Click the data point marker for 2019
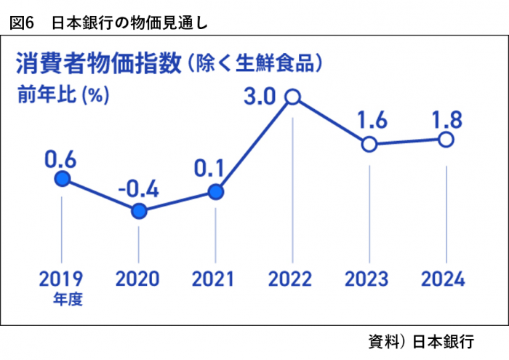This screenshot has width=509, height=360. (63, 180)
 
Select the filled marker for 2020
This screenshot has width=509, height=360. (139, 211)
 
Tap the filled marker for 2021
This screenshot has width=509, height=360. (215, 192)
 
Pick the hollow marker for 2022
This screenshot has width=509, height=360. (292, 96)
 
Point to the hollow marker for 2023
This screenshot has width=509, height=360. (369, 143)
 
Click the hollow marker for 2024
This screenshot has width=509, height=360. (446, 139)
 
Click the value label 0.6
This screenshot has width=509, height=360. (61, 157)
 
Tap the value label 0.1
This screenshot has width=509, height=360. (212, 169)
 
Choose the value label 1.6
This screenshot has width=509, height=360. (369, 119)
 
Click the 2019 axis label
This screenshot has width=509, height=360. (61, 278)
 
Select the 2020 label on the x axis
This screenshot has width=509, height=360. (138, 278)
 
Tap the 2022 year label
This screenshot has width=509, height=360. (292, 278)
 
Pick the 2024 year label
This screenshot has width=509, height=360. (445, 278)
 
